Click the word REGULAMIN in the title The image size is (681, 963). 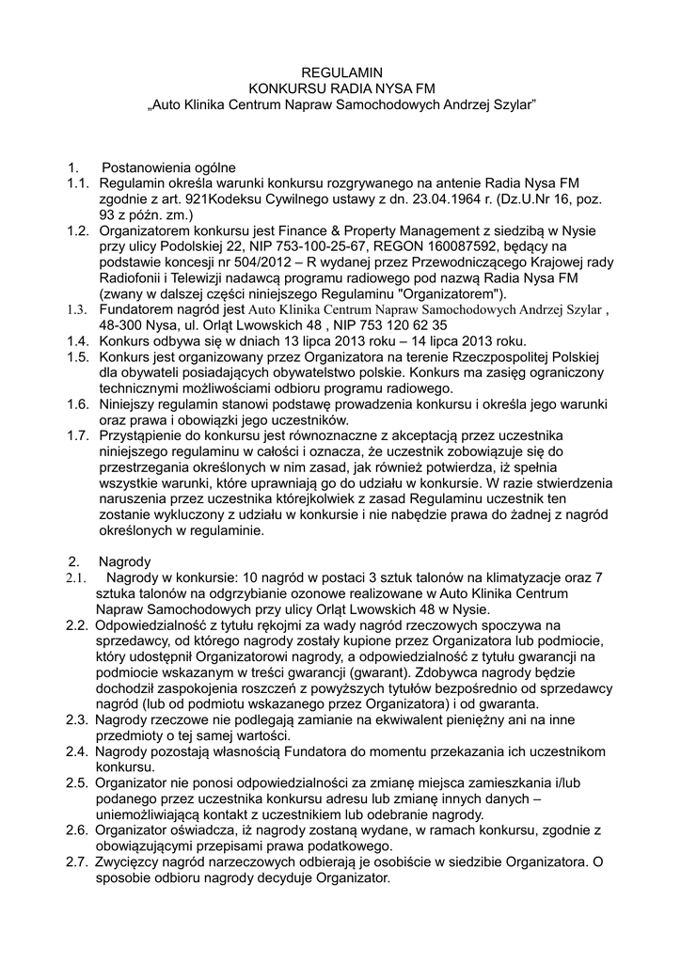[340, 71]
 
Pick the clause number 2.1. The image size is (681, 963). [77, 577]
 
